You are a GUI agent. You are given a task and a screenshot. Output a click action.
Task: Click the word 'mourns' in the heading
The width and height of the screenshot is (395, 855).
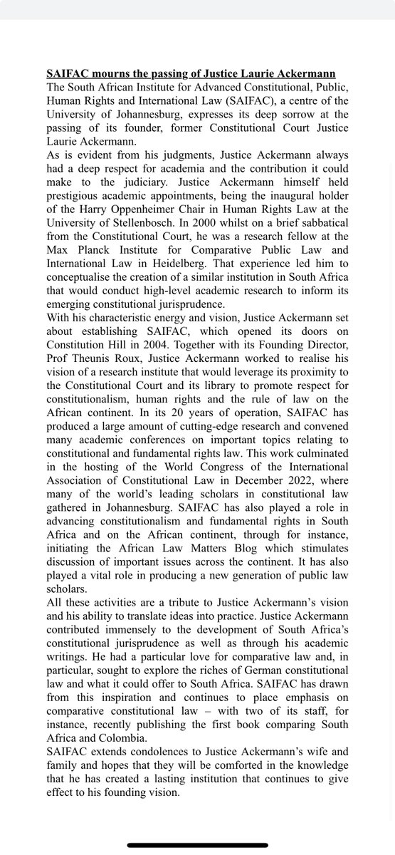click(107, 74)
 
